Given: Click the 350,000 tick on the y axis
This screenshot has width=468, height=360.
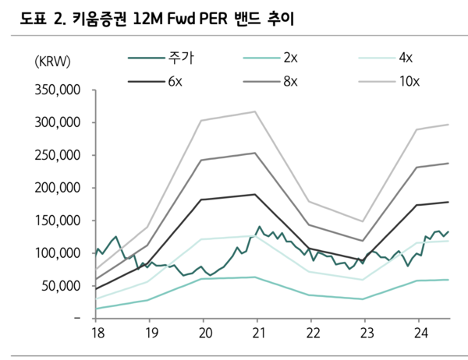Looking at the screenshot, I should click(58, 90).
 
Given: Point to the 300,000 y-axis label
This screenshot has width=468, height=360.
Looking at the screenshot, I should click(58, 123).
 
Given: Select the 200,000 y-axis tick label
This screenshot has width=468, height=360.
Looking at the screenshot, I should click(58, 188).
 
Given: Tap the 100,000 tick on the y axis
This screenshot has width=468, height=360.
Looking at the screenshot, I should click(58, 253).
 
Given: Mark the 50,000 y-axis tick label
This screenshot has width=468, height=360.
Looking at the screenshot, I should click(62, 286).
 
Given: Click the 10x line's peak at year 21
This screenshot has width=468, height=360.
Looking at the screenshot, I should click(255, 111).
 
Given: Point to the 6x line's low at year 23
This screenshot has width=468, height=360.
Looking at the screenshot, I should click(363, 261).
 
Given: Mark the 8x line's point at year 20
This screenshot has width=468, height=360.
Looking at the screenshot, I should click(201, 160).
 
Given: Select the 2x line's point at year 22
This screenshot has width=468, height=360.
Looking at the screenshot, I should click(310, 295).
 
